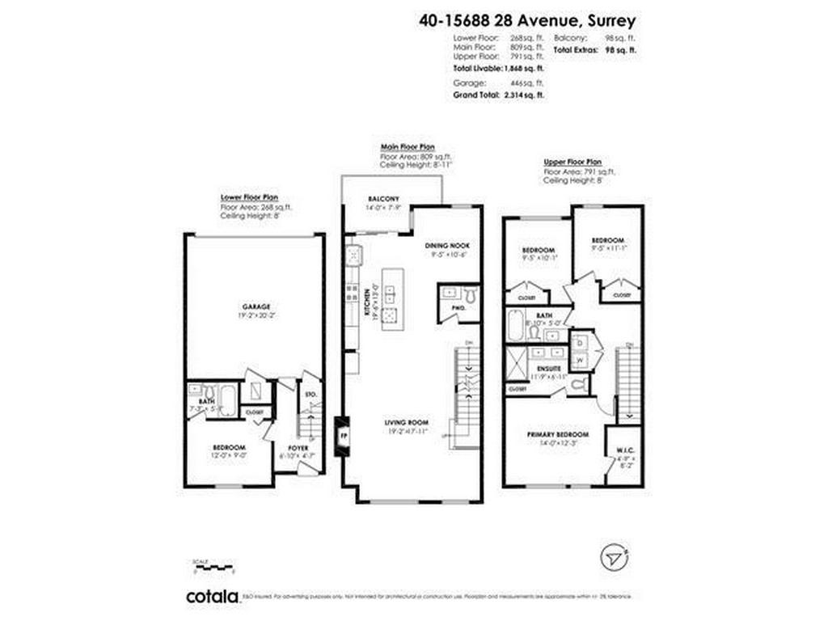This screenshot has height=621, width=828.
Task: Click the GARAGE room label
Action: tap(256, 306)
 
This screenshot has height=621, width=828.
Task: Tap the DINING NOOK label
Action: tap(447, 245)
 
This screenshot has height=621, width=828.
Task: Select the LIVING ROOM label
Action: tap(407, 423)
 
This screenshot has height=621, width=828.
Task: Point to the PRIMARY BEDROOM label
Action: tap(558, 434)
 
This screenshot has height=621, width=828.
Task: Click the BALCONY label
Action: tap(382, 199)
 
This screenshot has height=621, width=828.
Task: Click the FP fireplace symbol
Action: tap(343, 434)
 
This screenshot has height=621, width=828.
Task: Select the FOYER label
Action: tap(299, 446)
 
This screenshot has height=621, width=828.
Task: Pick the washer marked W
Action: tap(580, 359)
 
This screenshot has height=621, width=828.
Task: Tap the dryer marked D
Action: tap(580, 342)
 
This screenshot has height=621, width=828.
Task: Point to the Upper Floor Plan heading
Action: tap(572, 162)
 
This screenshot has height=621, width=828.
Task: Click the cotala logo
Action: tap(213, 597)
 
